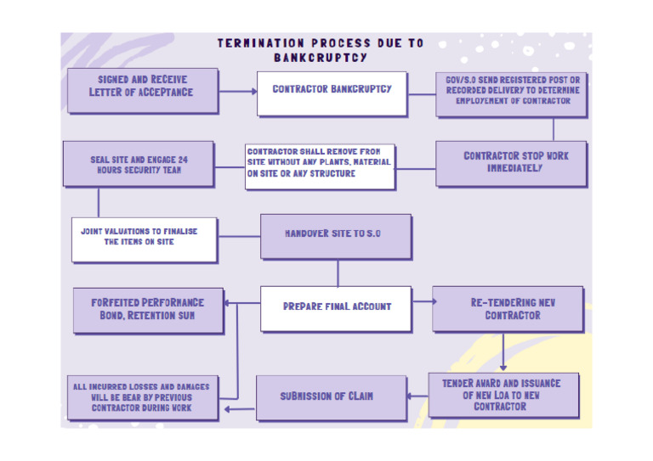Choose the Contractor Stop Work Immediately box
tap(510, 162)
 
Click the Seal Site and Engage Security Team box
tap(139, 164)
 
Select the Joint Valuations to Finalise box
tap(143, 238)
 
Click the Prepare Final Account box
tap(337, 306)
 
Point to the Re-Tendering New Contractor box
tap(507, 308)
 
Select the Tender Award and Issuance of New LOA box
tap(503, 395)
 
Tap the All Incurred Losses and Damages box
tap(142, 396)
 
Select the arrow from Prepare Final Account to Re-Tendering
tap(423, 301)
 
